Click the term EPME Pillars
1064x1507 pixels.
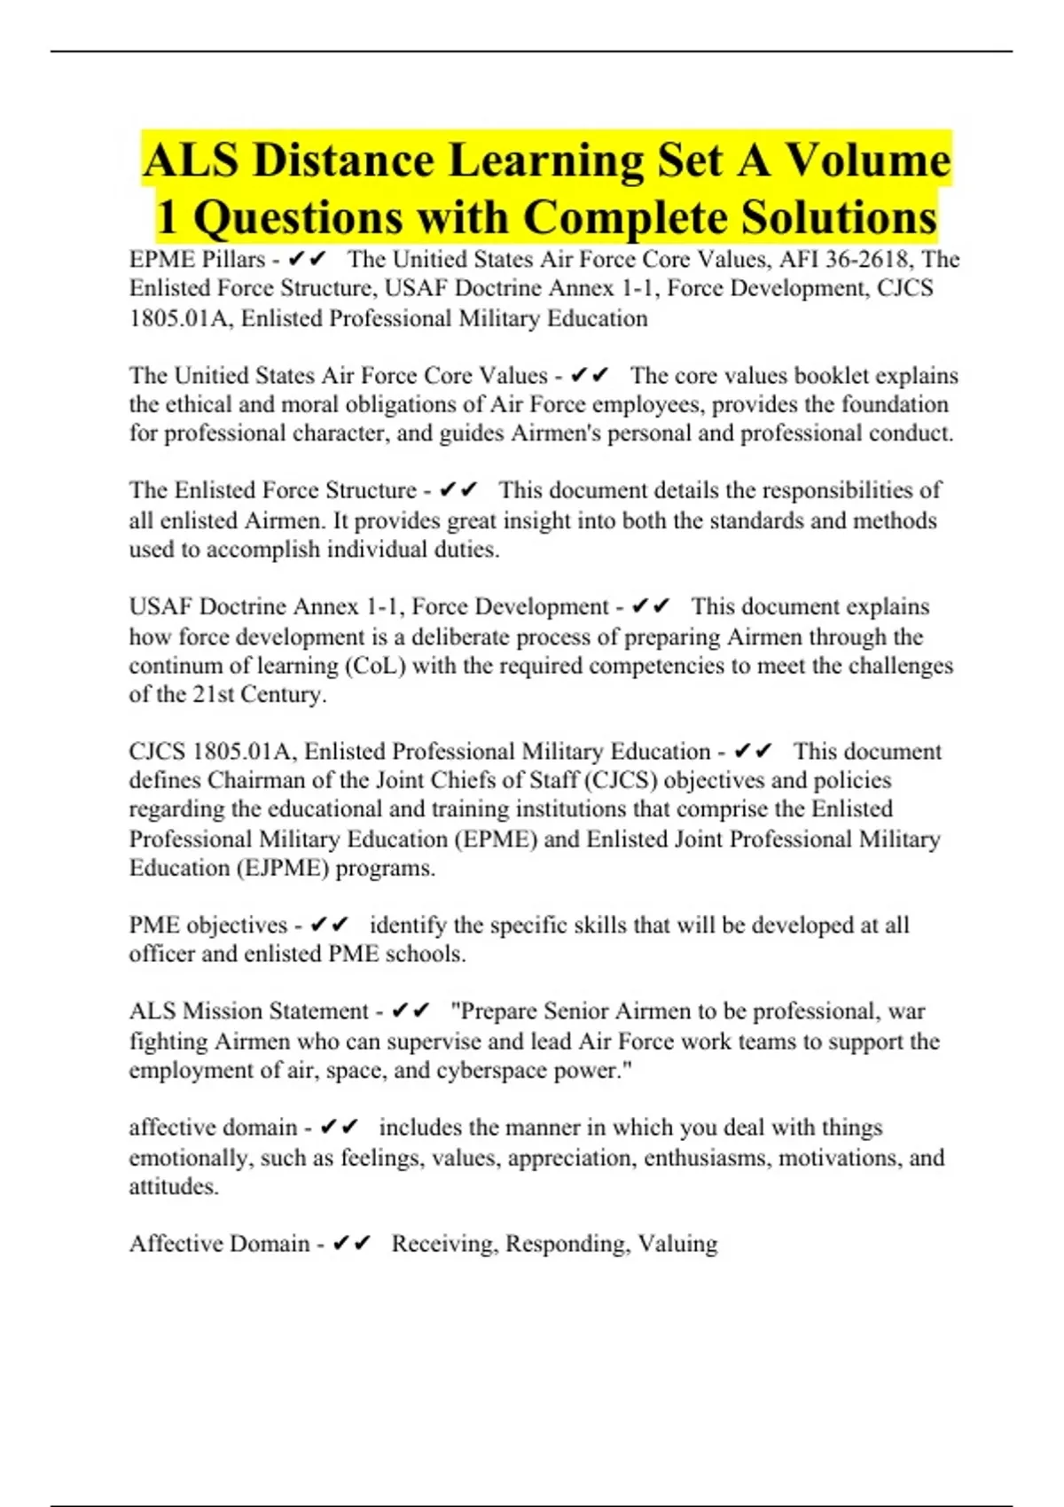[197, 260]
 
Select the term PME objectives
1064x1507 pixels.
[208, 925]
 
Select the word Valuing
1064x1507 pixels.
[677, 1244]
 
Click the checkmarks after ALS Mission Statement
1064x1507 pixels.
[411, 1011]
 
